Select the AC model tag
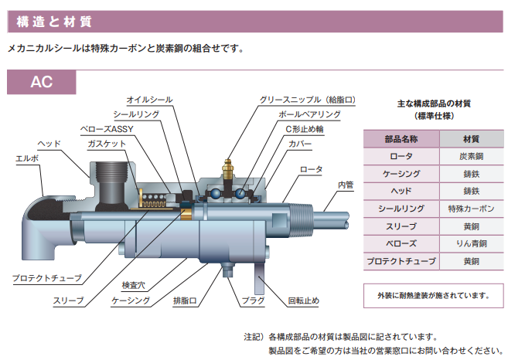pyautogui.click(x=41, y=82)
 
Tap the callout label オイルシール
pyautogui.click(x=149, y=100)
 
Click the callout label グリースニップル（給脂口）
pyautogui.click(x=308, y=100)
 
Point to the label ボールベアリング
pyautogui.click(x=306, y=114)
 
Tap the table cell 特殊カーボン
pyautogui.click(x=470, y=209)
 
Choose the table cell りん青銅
pyautogui.click(x=470, y=244)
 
